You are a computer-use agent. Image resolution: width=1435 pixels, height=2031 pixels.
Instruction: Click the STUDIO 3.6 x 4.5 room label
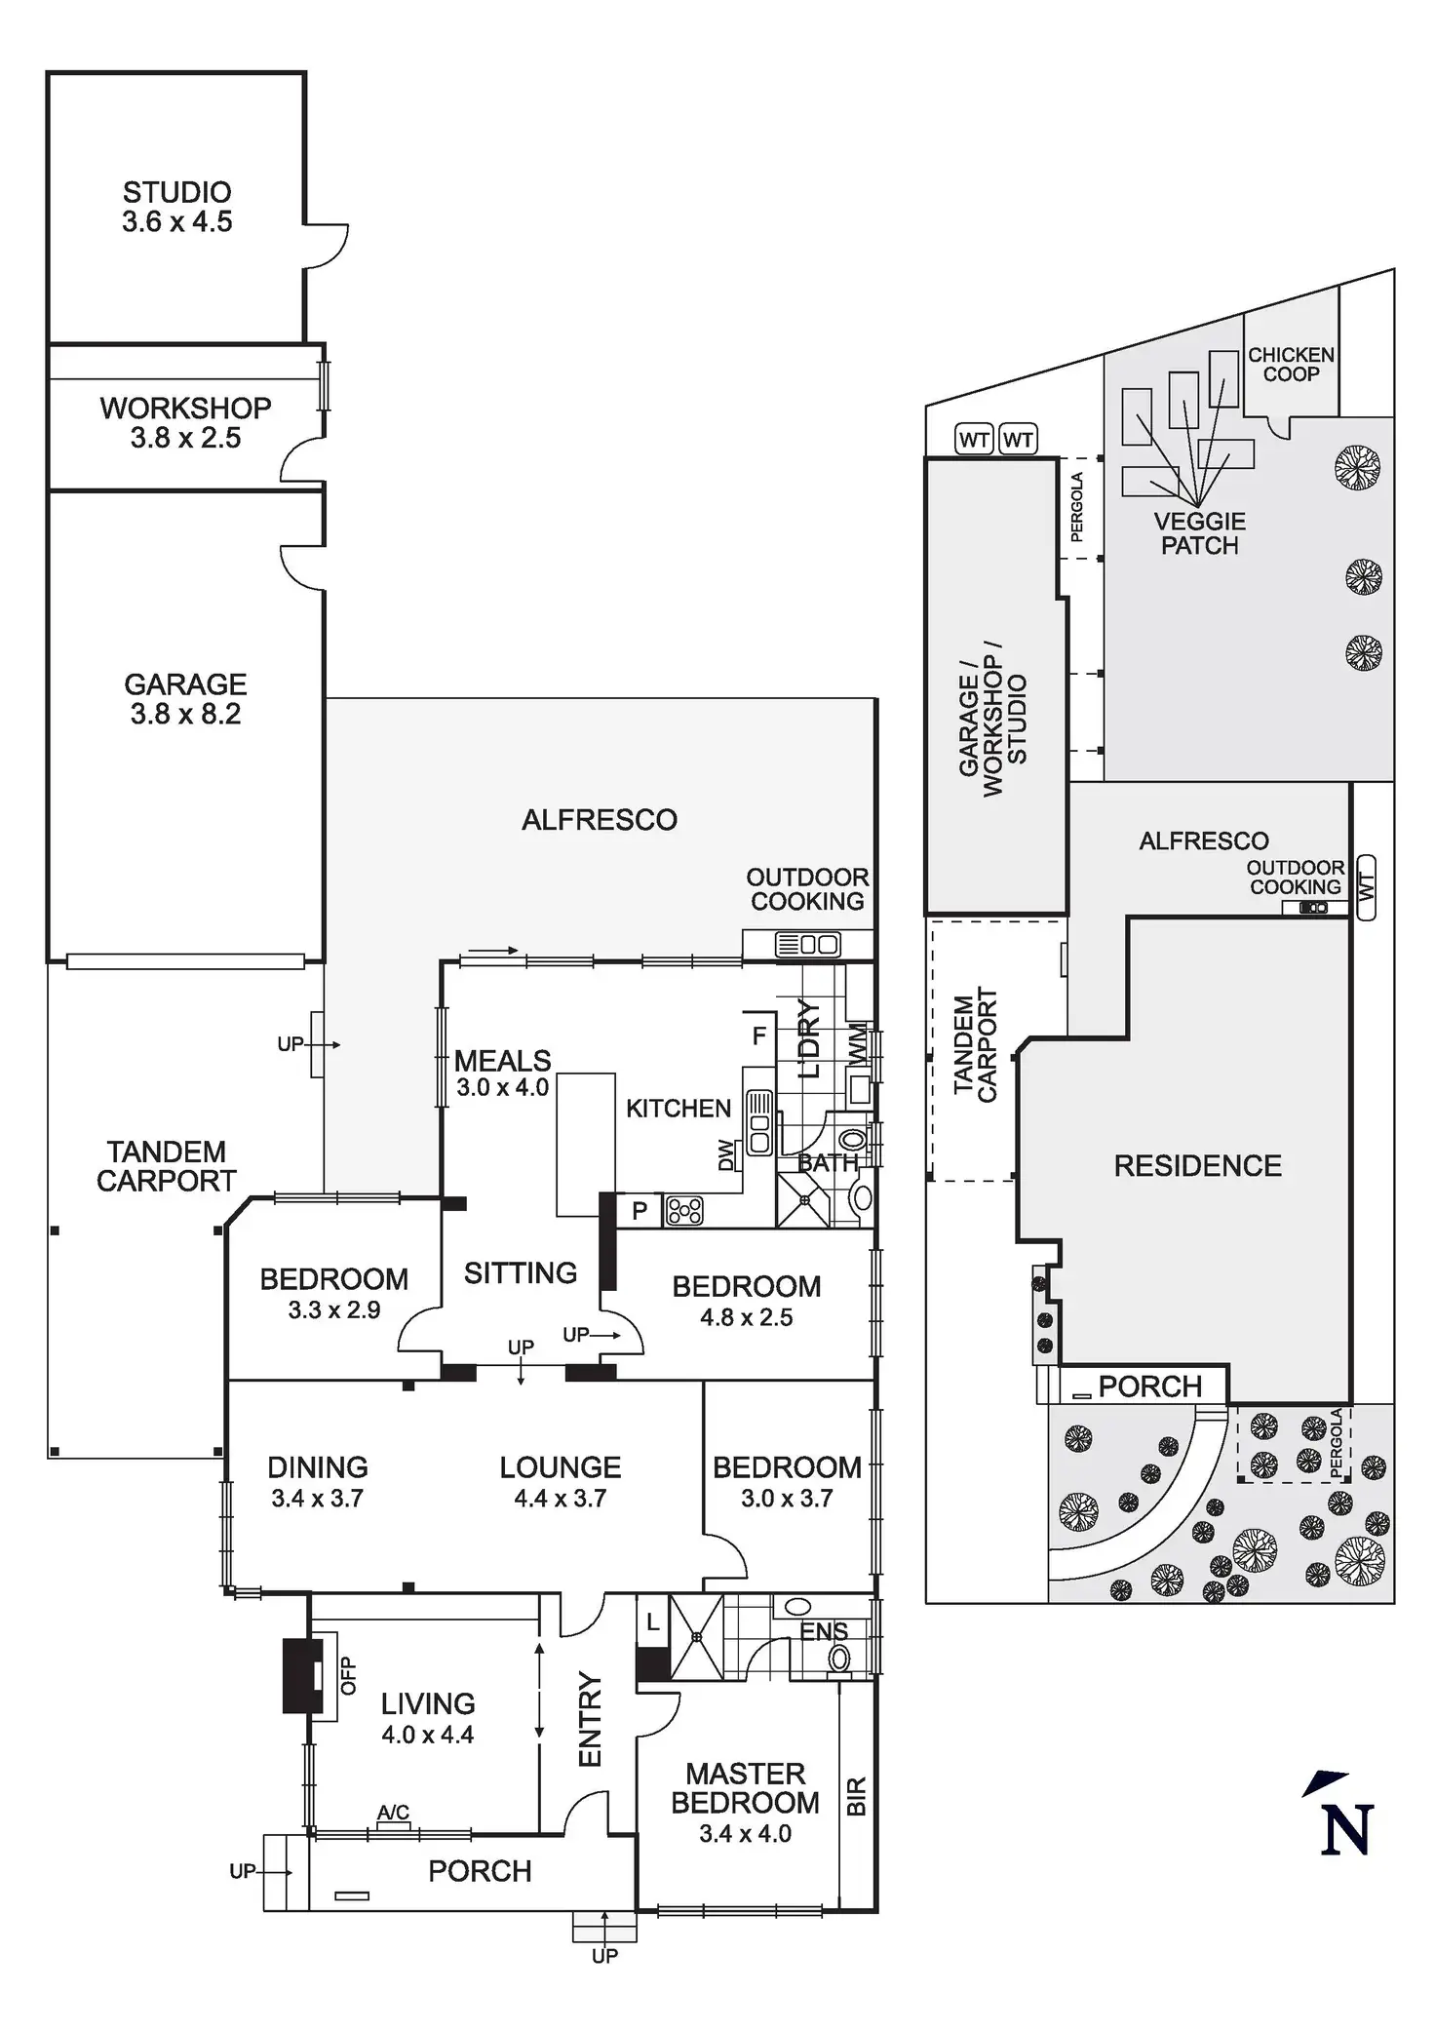[x=177, y=207]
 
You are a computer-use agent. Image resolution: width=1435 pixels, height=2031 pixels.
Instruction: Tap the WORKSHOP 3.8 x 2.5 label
[x=185, y=422]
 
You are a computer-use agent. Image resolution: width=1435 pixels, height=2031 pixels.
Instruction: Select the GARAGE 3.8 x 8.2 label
[x=185, y=698]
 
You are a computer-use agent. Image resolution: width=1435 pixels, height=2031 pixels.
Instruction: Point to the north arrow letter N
[x=1347, y=1829]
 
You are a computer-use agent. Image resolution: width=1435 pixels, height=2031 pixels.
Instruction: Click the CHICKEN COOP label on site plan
[x=1291, y=364]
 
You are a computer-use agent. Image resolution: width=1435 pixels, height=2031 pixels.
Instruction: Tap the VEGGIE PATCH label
[x=1200, y=533]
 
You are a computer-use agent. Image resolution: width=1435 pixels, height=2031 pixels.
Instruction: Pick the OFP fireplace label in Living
[x=348, y=1676]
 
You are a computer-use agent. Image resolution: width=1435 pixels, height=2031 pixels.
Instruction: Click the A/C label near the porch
[x=393, y=1813]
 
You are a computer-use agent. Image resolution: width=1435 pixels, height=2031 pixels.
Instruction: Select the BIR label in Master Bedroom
[x=856, y=1796]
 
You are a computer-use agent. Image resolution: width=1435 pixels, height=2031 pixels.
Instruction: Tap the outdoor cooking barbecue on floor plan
[x=807, y=944]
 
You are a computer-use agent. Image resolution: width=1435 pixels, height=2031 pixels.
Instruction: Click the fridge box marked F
[x=758, y=1036]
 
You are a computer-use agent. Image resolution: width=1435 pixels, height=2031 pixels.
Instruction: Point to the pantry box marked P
[x=640, y=1211]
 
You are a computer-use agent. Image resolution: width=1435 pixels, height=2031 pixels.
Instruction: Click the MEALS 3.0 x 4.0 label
[x=502, y=1073]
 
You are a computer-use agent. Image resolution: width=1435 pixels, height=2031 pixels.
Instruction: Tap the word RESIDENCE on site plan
[x=1197, y=1165]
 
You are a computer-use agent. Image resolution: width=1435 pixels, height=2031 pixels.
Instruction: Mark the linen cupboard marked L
[x=653, y=1624]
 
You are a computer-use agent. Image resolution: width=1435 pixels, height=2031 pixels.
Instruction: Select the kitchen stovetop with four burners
[x=684, y=1211]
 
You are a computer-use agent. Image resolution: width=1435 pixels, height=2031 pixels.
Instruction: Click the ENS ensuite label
[x=824, y=1631]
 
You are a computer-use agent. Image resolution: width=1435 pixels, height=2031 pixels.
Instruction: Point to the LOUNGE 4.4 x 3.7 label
[x=561, y=1482]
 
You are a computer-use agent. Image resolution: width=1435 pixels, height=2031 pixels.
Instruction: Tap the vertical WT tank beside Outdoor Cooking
[x=1366, y=886]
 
